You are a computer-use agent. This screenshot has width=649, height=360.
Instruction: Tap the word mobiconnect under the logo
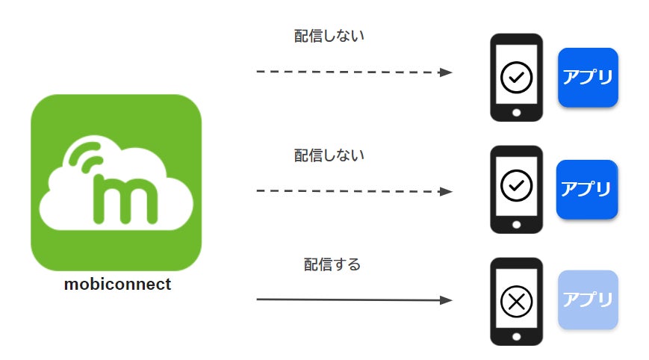click(117, 285)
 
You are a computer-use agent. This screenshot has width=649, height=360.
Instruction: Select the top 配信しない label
click(329, 35)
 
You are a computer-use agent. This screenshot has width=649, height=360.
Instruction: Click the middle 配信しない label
click(329, 155)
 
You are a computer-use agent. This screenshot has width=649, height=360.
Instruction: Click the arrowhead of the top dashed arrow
click(446, 72)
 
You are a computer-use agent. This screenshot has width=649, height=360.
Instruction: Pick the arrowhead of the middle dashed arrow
click(446, 191)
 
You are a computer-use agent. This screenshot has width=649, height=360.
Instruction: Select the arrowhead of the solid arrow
click(446, 300)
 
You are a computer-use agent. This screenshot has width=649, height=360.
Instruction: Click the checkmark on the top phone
click(515, 76)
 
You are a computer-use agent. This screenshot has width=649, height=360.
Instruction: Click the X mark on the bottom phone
click(515, 301)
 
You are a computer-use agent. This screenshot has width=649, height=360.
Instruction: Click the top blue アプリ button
click(587, 78)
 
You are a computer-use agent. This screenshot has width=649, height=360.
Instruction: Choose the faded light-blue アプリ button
click(588, 300)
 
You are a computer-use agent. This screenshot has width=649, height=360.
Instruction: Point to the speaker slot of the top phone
click(516, 40)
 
